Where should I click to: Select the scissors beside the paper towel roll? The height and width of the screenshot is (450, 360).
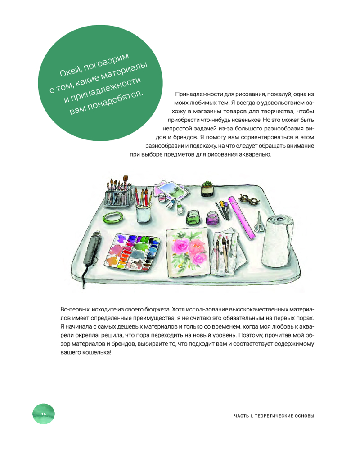(258, 221)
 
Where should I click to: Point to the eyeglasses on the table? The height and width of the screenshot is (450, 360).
(247, 198)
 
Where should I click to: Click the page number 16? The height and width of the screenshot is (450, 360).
(44, 414)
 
